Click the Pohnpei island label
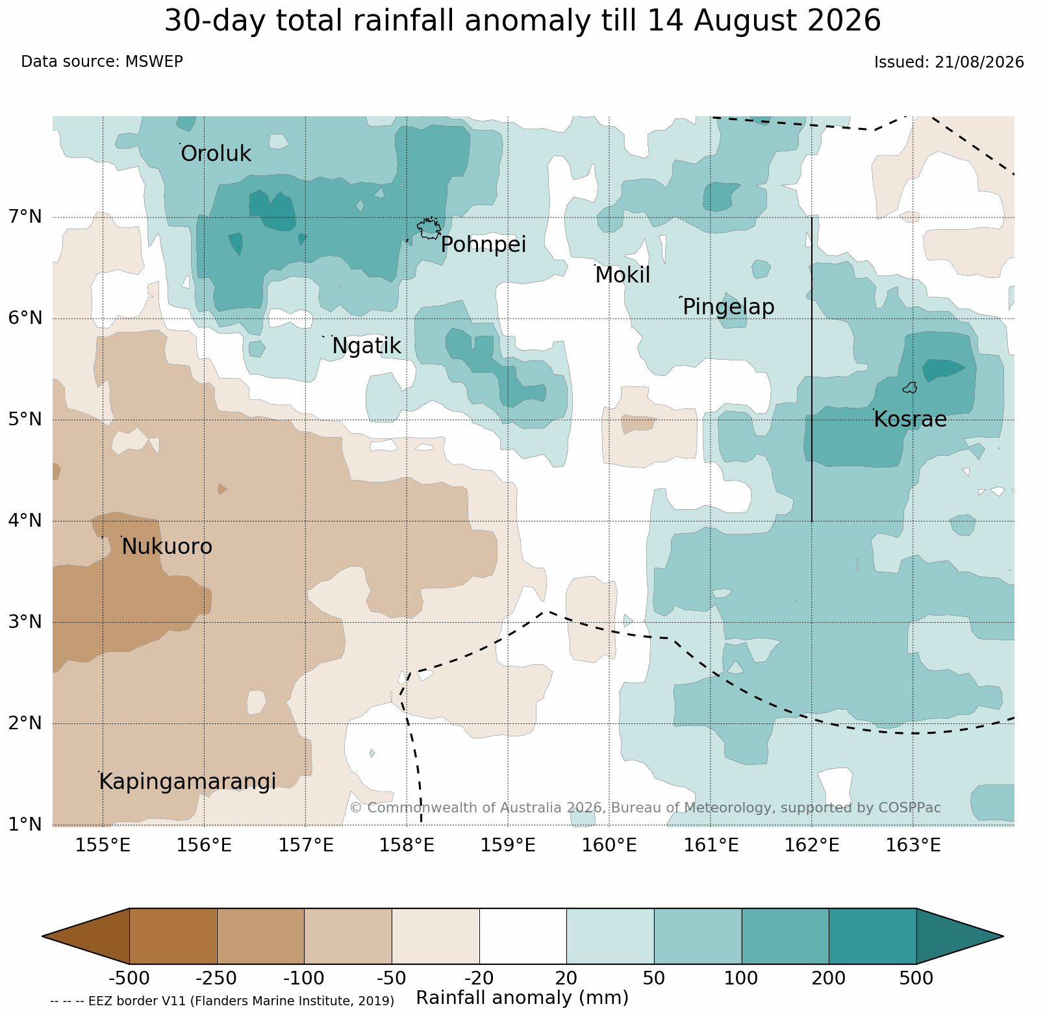click(483, 245)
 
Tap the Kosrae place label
click(910, 420)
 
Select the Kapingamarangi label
click(188, 782)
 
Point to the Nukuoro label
click(167, 547)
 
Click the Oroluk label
click(216, 154)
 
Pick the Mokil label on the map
click(622, 275)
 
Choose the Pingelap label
click(729, 307)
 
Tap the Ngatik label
click(366, 346)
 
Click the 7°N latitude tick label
click(26, 216)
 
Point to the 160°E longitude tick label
click(611, 846)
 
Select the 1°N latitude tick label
click(26, 824)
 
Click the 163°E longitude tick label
click(913, 846)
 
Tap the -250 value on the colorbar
click(217, 978)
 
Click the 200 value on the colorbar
click(829, 978)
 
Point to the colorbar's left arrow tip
click(43, 936)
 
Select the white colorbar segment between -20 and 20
click(523, 936)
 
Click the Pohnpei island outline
click(429, 228)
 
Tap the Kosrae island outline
click(910, 388)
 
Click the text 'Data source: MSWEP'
click(102, 62)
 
